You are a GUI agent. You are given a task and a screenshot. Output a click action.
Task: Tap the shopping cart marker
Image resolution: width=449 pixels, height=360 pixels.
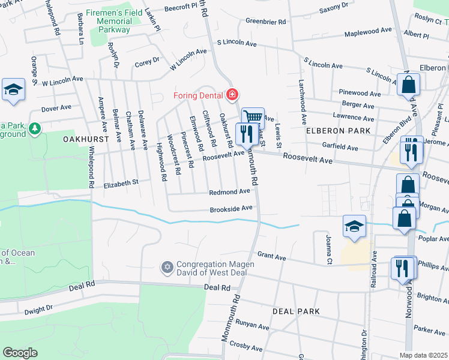coord(253,117)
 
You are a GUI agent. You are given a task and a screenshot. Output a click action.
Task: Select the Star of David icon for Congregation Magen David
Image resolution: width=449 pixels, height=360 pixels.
coord(167,266)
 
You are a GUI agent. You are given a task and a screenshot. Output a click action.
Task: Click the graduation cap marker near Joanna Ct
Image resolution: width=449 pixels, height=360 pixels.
coord(354,226)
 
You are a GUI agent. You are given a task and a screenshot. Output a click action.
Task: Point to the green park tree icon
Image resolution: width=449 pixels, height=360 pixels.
coord(35,128)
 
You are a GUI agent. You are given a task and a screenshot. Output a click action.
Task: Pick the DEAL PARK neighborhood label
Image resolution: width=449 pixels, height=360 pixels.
coord(296,311)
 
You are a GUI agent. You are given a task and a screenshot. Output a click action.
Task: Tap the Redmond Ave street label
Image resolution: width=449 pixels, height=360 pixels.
coord(229,191)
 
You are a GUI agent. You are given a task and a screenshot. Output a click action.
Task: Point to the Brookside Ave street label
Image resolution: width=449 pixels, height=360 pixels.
coord(231,209)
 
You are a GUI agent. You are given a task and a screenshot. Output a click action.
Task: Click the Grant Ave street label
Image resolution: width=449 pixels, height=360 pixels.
coord(271,256)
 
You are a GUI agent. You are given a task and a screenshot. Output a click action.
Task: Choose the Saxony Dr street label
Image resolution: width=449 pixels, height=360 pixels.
coord(333,9)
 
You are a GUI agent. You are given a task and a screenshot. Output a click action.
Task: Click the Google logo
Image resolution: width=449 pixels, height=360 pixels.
coord(20,353)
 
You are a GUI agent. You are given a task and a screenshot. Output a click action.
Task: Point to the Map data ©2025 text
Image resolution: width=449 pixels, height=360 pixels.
coord(424,355)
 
